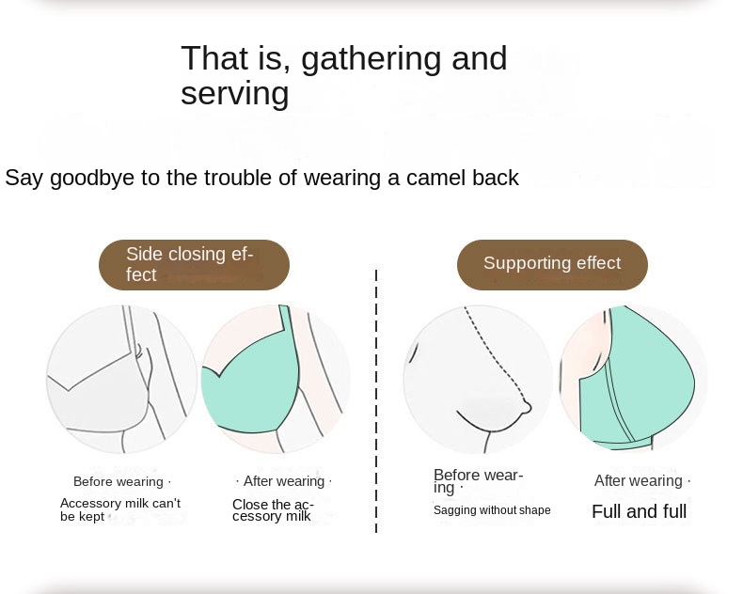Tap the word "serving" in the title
(x=235, y=93)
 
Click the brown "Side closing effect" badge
(x=194, y=265)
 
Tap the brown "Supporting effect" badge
(x=552, y=265)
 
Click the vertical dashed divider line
(x=376, y=400)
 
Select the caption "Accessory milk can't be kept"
(x=120, y=509)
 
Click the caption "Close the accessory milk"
(x=273, y=510)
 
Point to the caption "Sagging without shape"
(x=492, y=510)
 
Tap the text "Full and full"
(x=640, y=511)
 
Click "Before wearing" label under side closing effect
(x=119, y=482)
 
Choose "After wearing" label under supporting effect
(x=639, y=481)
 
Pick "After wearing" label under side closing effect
(x=284, y=481)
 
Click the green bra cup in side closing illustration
(x=251, y=383)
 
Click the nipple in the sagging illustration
(x=527, y=406)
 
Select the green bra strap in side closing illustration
(x=285, y=318)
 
